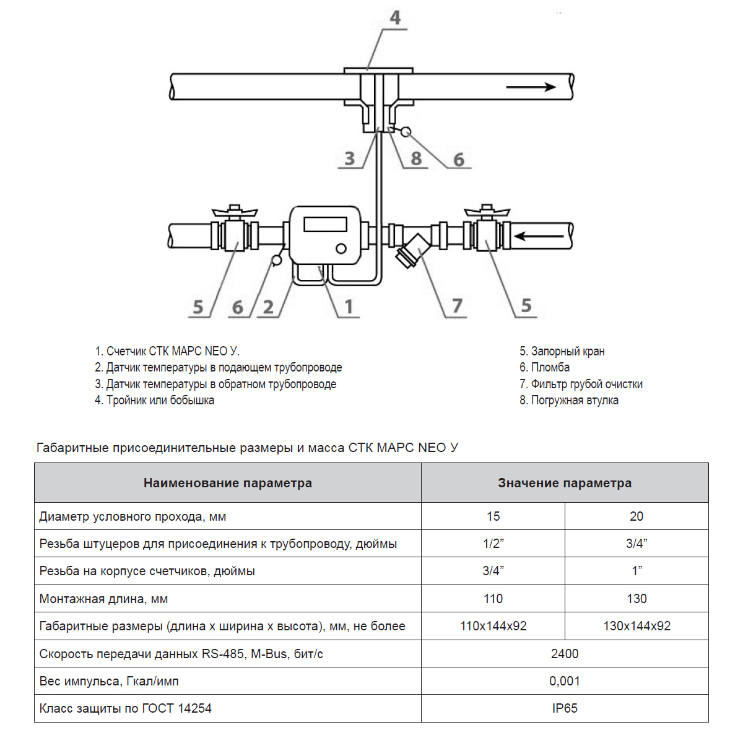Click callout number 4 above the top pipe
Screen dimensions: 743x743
[395, 18]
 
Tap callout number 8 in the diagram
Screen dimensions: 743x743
[416, 159]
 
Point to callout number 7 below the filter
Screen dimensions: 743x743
[457, 306]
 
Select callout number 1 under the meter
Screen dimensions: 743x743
[349, 306]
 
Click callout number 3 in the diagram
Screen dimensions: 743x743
[350, 159]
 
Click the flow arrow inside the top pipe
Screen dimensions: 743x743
[531, 87]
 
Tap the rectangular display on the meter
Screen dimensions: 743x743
[326, 224]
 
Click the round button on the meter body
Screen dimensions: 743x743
[341, 249]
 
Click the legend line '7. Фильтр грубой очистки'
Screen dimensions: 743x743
[581, 384]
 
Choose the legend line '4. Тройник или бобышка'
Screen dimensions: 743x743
[154, 400]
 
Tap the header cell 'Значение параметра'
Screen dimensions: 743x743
[565, 483]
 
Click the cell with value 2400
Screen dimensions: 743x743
[565, 654]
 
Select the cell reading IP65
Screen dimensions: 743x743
[565, 708]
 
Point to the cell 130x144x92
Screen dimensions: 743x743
[637, 626]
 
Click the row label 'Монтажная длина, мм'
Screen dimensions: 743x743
[103, 599]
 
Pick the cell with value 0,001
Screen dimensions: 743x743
[565, 681]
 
